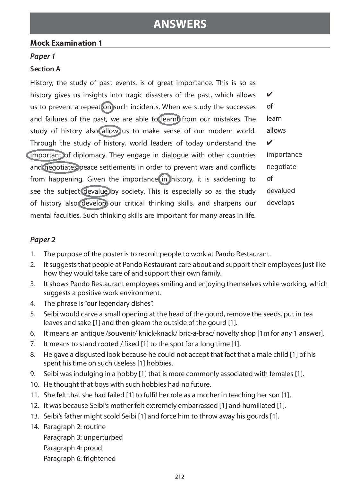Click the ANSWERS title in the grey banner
point(180,24)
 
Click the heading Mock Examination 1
point(66,43)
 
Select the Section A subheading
point(45,69)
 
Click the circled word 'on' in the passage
point(107,107)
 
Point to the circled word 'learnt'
point(170,119)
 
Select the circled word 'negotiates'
point(60,167)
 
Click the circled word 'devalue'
point(95,191)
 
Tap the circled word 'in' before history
point(164,179)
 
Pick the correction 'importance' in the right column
point(284,154)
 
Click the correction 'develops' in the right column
point(280,203)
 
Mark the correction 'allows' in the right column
point(276,130)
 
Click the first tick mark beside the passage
point(270,94)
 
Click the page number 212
point(180,477)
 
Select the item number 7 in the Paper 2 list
point(33,344)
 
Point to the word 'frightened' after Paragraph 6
point(99,459)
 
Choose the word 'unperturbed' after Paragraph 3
point(103,437)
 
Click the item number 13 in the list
point(34,416)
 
